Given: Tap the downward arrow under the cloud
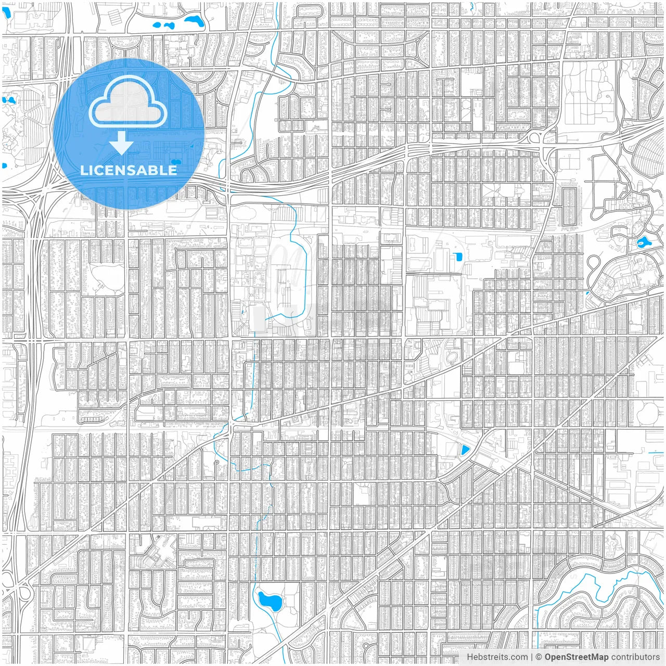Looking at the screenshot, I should pyautogui.click(x=121, y=143).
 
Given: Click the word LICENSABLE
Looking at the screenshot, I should pyautogui.click(x=128, y=170).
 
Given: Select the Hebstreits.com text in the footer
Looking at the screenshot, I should pyautogui.click(x=497, y=657).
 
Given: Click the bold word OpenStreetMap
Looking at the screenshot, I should pyautogui.click(x=576, y=657).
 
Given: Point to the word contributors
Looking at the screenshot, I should pyautogui.click(x=635, y=657).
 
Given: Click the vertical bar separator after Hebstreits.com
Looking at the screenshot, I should pyautogui.click(x=531, y=657).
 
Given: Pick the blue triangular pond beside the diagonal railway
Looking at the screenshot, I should pyautogui.click(x=464, y=450).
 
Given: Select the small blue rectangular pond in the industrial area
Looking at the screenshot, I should pyautogui.click(x=458, y=257).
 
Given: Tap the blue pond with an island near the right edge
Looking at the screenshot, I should pyautogui.click(x=642, y=242).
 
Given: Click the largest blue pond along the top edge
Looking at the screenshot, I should pyautogui.click(x=194, y=21).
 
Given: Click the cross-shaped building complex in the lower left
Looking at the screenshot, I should pyautogui.click(x=159, y=553).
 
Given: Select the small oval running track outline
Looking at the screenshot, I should pyautogui.click(x=452, y=357).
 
